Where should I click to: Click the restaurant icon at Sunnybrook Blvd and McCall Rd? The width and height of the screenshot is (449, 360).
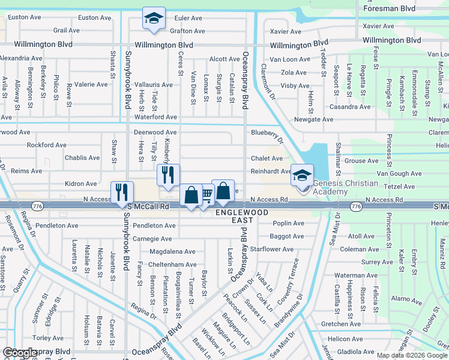click(122, 191)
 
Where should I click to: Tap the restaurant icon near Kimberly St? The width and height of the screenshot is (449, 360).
click(168, 175)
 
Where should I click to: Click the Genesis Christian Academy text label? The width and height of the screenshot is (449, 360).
click(346, 187)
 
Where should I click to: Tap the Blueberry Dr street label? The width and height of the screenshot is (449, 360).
click(267, 133)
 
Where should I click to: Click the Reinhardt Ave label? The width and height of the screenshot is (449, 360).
click(271, 171)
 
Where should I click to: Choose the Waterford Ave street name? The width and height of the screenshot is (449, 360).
click(155, 117)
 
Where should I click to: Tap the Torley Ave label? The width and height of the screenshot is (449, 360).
click(48, 338)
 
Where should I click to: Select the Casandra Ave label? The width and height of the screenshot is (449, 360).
click(349, 106)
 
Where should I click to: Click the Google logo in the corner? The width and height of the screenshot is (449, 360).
click(20, 352)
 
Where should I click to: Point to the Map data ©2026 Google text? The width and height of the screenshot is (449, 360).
click(412, 355)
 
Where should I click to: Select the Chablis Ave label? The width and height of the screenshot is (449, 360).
click(82, 158)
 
